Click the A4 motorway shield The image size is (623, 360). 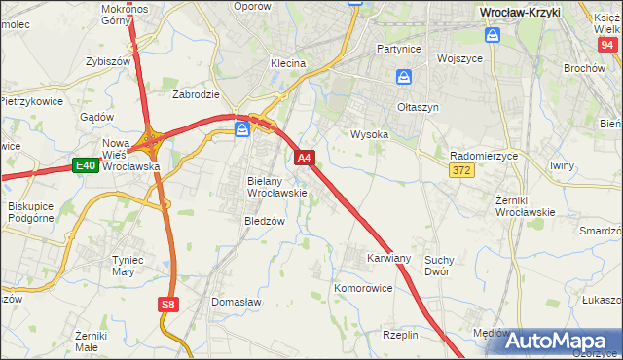(x=304, y=157)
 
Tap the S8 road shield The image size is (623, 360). (x=168, y=305)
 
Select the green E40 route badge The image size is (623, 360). (x=85, y=166)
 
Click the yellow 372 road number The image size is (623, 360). (x=461, y=171)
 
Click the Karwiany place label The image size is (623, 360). (x=388, y=258)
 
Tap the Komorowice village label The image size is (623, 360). (x=362, y=289)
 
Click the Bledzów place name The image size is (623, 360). (x=264, y=221)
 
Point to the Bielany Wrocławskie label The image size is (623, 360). (x=277, y=187)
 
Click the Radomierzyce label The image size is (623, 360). (x=484, y=156)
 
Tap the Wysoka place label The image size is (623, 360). (x=369, y=135)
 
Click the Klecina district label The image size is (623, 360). (x=288, y=63)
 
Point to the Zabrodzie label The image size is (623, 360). (x=196, y=94)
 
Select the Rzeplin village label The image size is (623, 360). (x=400, y=334)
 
